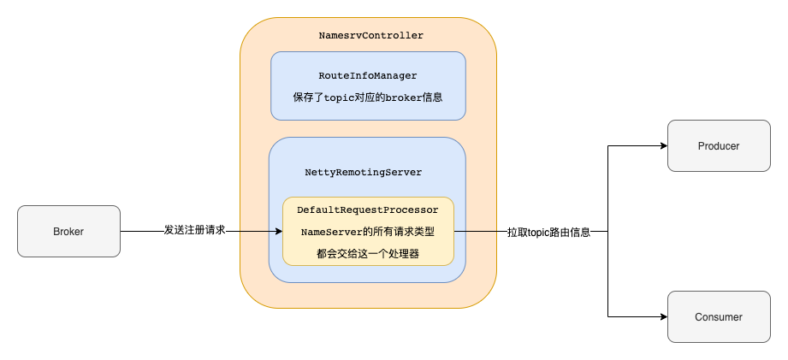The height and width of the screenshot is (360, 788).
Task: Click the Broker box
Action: (x=68, y=231)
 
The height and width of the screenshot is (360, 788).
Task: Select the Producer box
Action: (x=718, y=145)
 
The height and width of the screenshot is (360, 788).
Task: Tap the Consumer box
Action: (x=718, y=316)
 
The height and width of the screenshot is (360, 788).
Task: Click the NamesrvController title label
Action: (x=370, y=36)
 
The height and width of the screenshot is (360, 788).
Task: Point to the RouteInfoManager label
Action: (x=368, y=76)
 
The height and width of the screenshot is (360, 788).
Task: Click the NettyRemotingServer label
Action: (x=364, y=172)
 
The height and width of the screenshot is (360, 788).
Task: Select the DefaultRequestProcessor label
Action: (x=367, y=210)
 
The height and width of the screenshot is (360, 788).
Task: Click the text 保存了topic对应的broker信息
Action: (x=368, y=97)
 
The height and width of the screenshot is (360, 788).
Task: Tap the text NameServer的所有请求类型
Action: (x=367, y=231)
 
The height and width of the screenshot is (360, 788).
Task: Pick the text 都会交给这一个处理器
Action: (x=367, y=253)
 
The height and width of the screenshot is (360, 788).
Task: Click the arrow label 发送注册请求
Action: (x=194, y=231)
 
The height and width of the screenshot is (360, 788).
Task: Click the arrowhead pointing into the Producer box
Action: (x=662, y=145)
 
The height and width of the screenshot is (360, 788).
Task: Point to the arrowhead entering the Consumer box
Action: (x=662, y=316)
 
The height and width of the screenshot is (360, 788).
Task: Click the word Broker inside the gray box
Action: (x=68, y=231)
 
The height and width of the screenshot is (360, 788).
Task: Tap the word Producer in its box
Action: (x=718, y=145)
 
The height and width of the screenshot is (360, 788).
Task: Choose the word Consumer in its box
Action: (x=718, y=316)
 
